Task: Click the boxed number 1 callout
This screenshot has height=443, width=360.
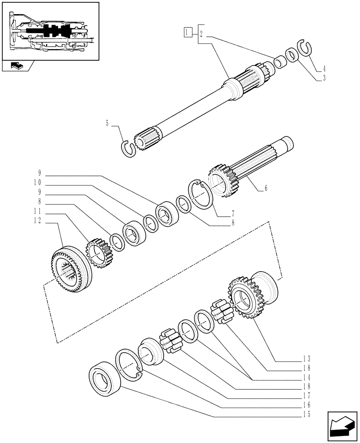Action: click(x=188, y=32)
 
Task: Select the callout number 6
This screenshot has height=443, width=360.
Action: click(x=266, y=188)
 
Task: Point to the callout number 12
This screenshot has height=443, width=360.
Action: click(x=38, y=220)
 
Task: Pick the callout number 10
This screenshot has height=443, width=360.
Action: click(x=37, y=182)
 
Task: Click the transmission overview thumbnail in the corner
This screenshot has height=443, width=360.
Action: click(x=50, y=31)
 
